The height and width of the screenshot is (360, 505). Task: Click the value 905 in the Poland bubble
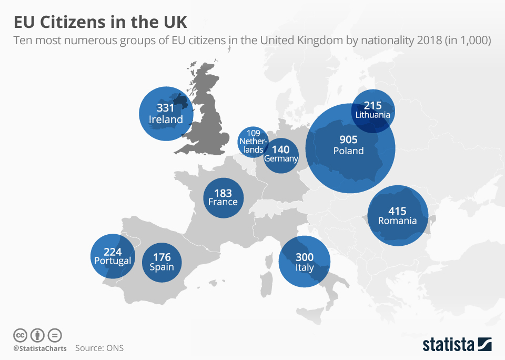[348, 139]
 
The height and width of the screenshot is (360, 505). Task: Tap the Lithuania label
[372, 115]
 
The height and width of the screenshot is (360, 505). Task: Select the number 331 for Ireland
[166, 108]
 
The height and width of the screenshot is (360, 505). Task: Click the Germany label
[281, 158]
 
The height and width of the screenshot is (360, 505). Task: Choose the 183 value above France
[223, 192]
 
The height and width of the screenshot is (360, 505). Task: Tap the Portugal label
[112, 261]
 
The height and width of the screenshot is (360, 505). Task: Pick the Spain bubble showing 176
[161, 262]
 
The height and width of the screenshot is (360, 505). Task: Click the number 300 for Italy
[305, 257]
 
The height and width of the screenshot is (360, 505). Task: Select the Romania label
[397, 221]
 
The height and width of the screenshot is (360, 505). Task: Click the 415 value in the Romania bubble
[397, 211]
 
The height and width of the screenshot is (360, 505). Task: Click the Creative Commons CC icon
[21, 335]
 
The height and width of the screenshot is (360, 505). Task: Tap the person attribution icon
[37, 335]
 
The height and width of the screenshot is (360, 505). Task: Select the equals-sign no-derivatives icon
[55, 335]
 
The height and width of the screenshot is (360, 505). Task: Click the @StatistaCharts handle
[40, 348]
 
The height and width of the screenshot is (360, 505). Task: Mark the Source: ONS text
[99, 348]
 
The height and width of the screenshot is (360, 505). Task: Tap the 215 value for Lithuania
[372, 105]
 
